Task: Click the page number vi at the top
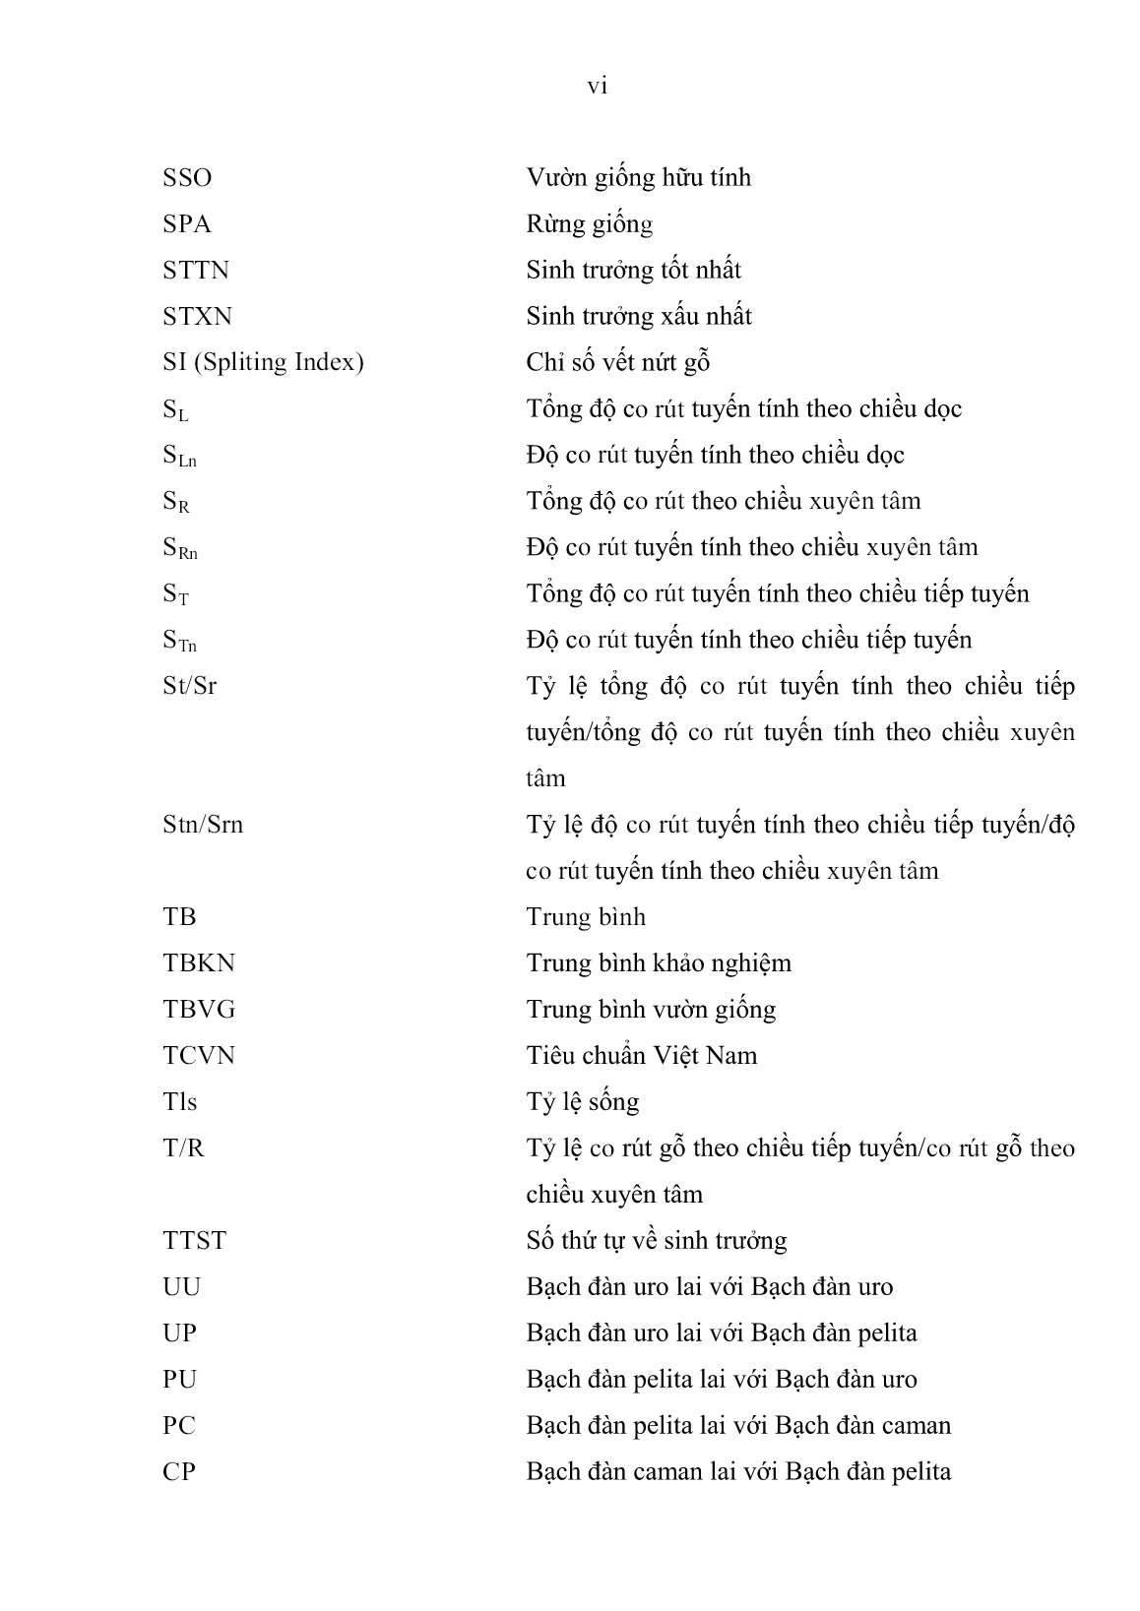click(x=597, y=87)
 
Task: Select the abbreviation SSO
click(x=187, y=178)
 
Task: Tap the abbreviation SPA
click(x=187, y=224)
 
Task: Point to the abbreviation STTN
click(x=196, y=271)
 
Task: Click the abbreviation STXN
click(x=197, y=317)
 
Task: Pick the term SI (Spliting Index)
click(x=263, y=363)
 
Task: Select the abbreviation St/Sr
click(x=189, y=686)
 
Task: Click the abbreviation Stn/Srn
click(x=203, y=825)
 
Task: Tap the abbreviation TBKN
click(x=199, y=963)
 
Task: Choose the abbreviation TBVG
click(x=199, y=1010)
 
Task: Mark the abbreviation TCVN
click(x=199, y=1056)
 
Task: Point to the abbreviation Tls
click(x=179, y=1102)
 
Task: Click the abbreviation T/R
click(x=183, y=1148)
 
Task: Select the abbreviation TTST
click(x=194, y=1241)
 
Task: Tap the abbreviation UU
click(x=181, y=1287)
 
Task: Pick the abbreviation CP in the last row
click(x=179, y=1472)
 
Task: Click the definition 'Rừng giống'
click(x=589, y=225)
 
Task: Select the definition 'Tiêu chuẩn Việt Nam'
click(x=642, y=1056)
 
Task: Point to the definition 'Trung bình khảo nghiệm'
click(x=659, y=963)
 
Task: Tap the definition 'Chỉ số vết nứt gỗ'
click(x=618, y=363)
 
